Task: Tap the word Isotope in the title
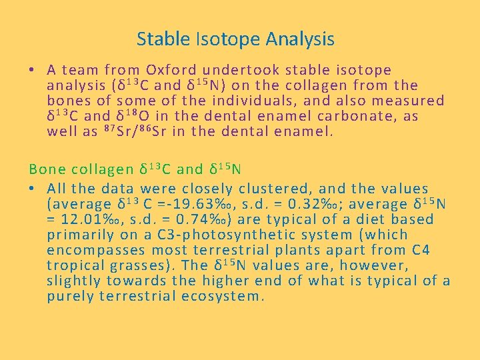click(x=223, y=39)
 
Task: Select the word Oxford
click(x=171, y=70)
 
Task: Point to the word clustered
click(x=259, y=189)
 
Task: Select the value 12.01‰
click(x=87, y=220)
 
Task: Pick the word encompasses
click(x=96, y=251)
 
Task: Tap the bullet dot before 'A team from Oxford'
click(x=32, y=70)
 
